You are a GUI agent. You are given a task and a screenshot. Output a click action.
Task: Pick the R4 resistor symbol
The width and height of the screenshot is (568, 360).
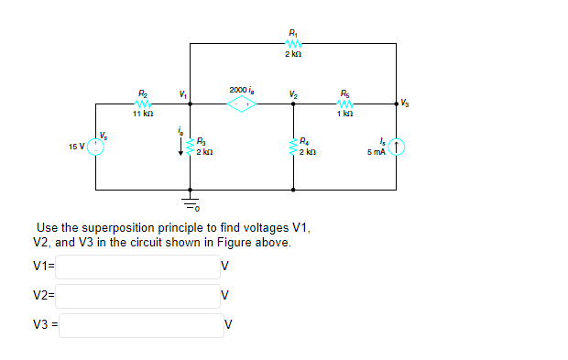[x=293, y=147]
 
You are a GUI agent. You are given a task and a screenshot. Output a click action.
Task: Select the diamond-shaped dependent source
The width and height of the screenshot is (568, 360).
[x=243, y=104]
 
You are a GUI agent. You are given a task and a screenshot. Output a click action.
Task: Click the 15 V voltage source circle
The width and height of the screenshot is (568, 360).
[x=96, y=147]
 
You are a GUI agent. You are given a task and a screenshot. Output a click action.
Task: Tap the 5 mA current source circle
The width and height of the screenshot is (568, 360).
[x=397, y=147]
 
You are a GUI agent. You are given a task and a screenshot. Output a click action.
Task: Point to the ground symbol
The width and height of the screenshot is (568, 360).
[x=191, y=200]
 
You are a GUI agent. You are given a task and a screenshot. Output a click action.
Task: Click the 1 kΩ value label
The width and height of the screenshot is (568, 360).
[x=344, y=113]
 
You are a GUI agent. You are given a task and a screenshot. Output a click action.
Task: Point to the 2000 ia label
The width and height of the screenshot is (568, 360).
[x=242, y=90]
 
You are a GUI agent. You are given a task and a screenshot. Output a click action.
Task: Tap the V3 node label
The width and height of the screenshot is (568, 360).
[x=405, y=104]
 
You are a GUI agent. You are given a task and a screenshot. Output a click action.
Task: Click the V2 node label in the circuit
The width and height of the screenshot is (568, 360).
[x=292, y=93]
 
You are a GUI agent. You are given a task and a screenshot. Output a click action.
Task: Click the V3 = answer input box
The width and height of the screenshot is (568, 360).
[x=142, y=325]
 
